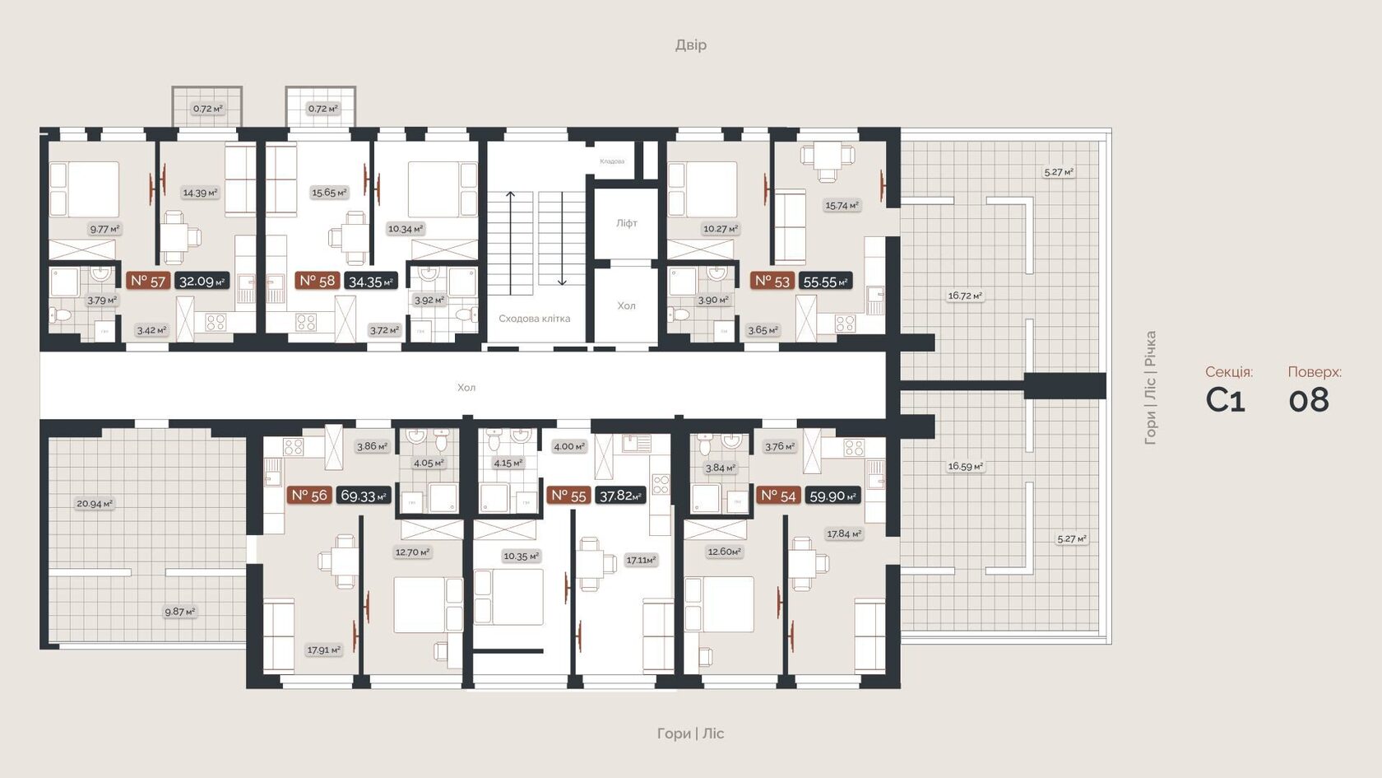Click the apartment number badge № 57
pyautogui.click(x=148, y=281)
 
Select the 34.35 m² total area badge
pyautogui.click(x=371, y=282)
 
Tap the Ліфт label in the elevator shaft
pyautogui.click(x=627, y=223)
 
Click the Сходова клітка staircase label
pyautogui.click(x=534, y=319)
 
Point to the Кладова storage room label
pyautogui.click(x=612, y=161)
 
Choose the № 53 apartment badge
pyautogui.click(x=772, y=281)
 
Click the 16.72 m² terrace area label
pyautogui.click(x=965, y=296)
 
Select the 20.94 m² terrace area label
pyautogui.click(x=95, y=504)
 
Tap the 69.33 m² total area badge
pyautogui.click(x=364, y=496)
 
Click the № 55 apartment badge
pyautogui.click(x=568, y=496)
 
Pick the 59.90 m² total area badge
pyautogui.click(x=832, y=496)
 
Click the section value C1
pyautogui.click(x=1225, y=400)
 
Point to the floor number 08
pyautogui.click(x=1309, y=400)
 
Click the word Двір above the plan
pyautogui.click(x=690, y=44)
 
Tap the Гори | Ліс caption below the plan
pyautogui.click(x=690, y=734)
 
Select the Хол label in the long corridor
pyautogui.click(x=466, y=388)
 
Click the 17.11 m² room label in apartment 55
pyautogui.click(x=641, y=560)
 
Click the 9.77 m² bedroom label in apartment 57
pyautogui.click(x=104, y=229)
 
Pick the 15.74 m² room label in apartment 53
pyautogui.click(x=842, y=206)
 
